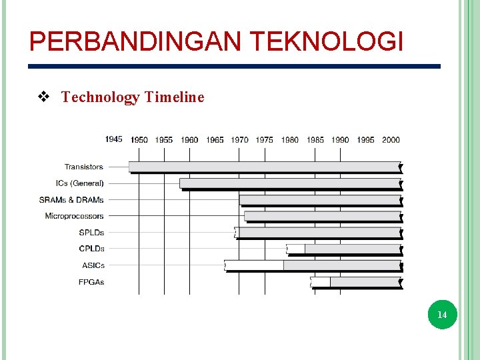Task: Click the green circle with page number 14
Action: coord(441,314)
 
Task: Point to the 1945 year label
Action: coord(114,139)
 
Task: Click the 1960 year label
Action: coord(189,140)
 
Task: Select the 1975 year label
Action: coord(265,140)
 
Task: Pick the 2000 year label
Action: coord(391,140)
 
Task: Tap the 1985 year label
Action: coord(315,140)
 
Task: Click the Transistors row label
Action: coord(84,167)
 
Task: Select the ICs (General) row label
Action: coord(80,183)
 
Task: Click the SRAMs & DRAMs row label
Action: coord(71,199)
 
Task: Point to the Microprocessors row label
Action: coord(75,216)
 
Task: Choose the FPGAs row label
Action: coord(91,282)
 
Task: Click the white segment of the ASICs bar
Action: coord(255,265)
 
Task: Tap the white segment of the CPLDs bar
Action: coord(296,249)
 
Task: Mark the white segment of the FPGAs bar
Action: coord(321,282)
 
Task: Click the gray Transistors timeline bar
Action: coord(264,167)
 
